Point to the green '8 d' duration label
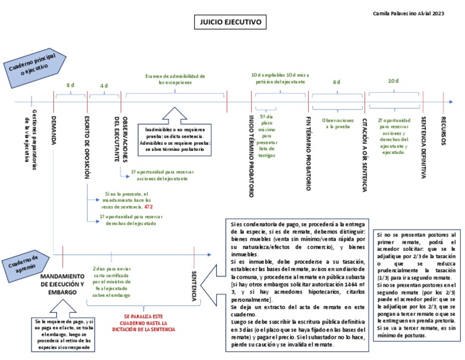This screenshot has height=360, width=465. [70, 85]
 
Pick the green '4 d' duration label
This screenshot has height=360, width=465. [104, 85]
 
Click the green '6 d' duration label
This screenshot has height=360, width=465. [337, 82]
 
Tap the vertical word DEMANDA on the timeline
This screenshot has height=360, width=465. [54, 128]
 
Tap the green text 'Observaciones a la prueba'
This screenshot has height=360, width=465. [337, 123]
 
